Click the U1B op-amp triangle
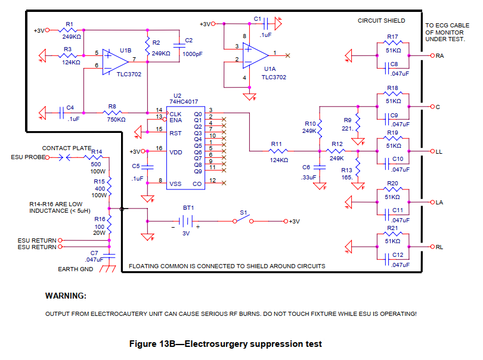point(114,62)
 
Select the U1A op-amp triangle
point(255,55)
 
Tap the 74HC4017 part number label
point(184,102)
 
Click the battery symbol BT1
point(185,221)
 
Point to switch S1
point(243,219)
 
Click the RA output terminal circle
point(432,56)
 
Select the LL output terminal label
point(439,152)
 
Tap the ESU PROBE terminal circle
point(48,158)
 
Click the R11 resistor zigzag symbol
point(278,151)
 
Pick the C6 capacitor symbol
point(320,167)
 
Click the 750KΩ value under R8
point(116,119)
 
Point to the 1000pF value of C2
point(193,54)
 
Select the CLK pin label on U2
point(175,114)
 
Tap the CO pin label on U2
point(197,184)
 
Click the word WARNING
point(66,296)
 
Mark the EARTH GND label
point(76,269)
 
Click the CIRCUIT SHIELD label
point(382,21)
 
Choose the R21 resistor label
point(392,228)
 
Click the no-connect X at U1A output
point(287,55)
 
